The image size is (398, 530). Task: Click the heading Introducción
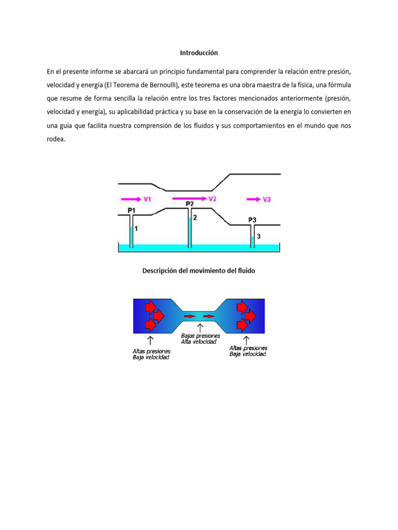click(x=199, y=53)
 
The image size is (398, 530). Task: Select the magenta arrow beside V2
click(x=189, y=198)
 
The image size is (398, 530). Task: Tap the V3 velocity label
click(x=267, y=199)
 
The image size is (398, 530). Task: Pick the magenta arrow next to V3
click(x=253, y=199)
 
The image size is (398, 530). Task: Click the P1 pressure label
click(x=132, y=210)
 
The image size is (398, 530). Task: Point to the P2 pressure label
click(x=190, y=204)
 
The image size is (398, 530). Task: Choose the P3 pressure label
click(x=252, y=220)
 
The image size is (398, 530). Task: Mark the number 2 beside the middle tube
click(x=195, y=218)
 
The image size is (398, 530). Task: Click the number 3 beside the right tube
click(x=259, y=236)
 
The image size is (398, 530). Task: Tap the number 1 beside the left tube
click(x=136, y=228)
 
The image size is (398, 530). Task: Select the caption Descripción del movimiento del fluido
click(x=199, y=270)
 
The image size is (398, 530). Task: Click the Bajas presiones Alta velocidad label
click(x=200, y=338)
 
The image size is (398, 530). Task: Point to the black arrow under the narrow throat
click(x=200, y=327)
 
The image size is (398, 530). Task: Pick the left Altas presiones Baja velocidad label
click(x=151, y=354)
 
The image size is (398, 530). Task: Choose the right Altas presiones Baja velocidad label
click(x=248, y=351)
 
